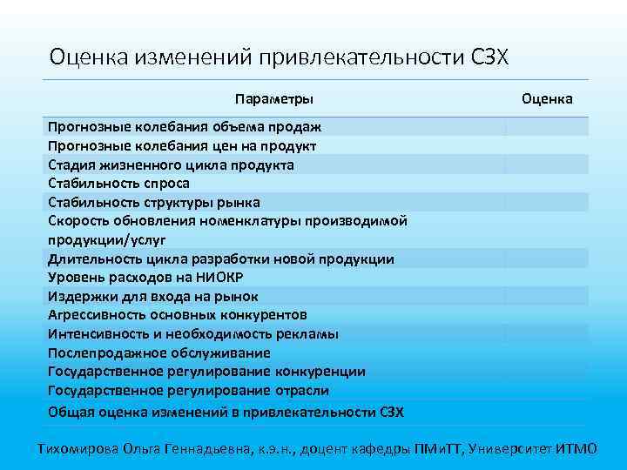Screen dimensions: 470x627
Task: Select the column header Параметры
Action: click(x=273, y=99)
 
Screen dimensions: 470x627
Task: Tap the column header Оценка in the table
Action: click(x=547, y=99)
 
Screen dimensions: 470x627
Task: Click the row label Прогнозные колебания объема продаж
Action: click(x=185, y=127)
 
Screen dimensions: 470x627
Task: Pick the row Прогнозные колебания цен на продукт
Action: click(x=182, y=146)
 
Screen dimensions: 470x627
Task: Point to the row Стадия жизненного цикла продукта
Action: click(x=171, y=165)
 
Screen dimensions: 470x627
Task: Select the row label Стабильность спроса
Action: click(x=118, y=184)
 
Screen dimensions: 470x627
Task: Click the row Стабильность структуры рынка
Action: click(x=148, y=203)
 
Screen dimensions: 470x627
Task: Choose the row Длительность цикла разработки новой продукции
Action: click(x=220, y=259)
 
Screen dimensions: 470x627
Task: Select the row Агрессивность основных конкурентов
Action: click(x=178, y=315)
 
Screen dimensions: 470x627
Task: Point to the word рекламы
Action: click(x=312, y=334)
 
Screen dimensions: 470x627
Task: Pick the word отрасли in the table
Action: click(x=300, y=391)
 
